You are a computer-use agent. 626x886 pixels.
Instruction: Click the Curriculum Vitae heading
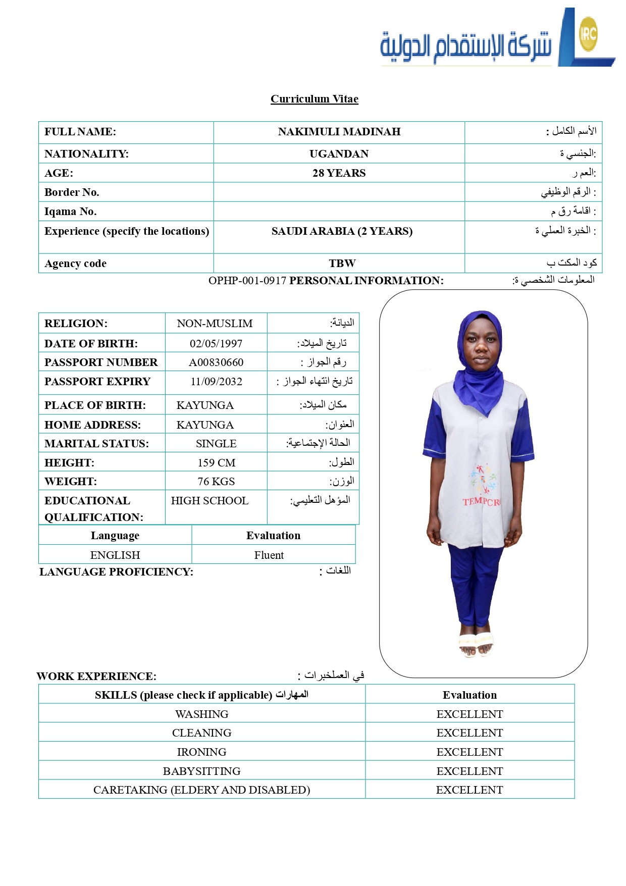314,99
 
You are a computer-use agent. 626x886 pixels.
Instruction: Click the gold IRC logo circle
588,34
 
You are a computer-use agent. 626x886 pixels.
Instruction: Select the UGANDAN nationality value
339,154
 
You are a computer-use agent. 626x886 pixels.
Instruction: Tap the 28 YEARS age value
339,173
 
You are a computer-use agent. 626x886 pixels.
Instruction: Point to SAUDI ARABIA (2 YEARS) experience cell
342,231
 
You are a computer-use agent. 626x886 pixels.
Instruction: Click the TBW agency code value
342,264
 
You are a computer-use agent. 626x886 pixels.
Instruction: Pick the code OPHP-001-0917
247,281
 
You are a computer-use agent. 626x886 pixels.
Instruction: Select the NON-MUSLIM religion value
215,324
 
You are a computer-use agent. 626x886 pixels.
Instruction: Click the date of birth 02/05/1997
216,344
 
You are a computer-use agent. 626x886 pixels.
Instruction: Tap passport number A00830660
216,362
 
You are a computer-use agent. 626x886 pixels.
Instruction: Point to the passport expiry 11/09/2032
216,382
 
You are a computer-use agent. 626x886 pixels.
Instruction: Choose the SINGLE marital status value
216,444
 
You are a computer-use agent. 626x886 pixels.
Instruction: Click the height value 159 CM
216,463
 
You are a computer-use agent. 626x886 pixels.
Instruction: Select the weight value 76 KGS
216,482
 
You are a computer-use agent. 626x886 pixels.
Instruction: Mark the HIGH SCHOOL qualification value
210,501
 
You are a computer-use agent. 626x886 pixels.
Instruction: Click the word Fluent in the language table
269,555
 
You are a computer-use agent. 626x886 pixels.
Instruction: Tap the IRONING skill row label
201,752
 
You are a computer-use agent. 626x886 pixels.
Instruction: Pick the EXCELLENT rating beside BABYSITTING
470,771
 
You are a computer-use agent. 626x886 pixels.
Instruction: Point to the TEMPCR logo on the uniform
481,501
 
